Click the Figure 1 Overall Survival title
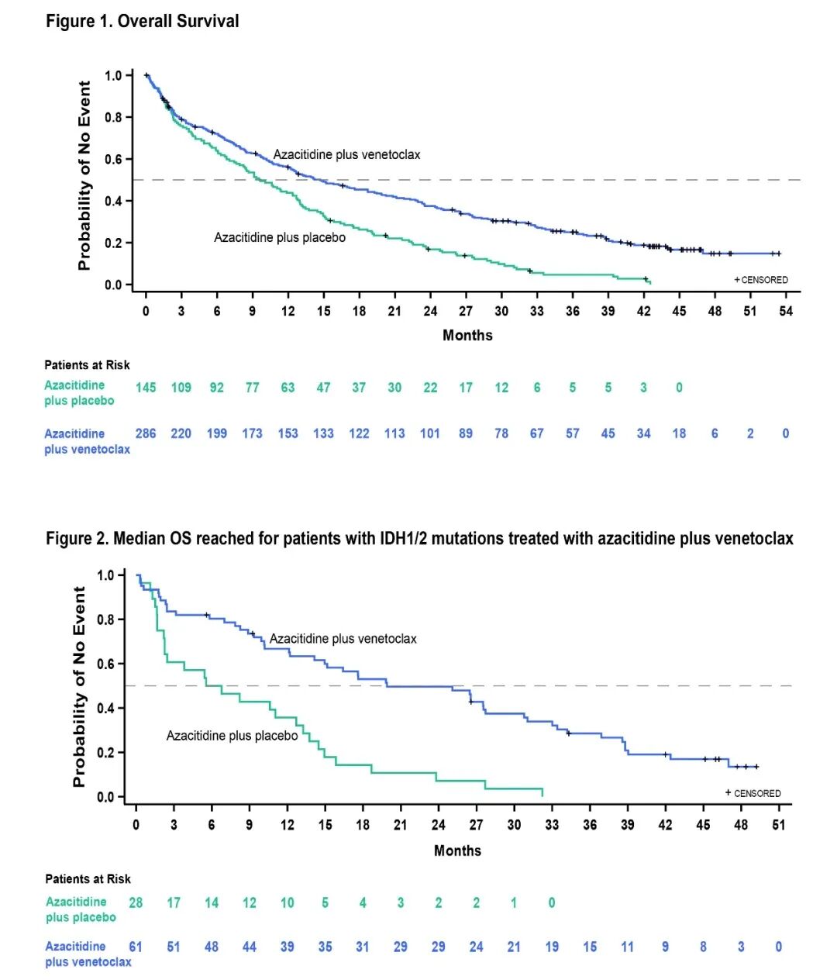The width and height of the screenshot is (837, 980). pos(142,21)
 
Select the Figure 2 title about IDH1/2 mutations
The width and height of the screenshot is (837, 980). pos(419,538)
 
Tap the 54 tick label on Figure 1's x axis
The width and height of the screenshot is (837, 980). pos(786,311)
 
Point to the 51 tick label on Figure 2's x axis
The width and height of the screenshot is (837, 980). pos(778,825)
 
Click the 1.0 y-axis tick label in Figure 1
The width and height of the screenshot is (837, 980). pos(114,76)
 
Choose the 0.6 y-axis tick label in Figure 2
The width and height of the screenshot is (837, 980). pos(105,664)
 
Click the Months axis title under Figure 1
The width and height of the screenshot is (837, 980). pos(467,335)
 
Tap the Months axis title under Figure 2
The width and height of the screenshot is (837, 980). pos(457,851)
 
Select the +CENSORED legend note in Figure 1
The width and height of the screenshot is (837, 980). pos(761,280)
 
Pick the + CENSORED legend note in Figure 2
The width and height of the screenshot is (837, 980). pos(753,793)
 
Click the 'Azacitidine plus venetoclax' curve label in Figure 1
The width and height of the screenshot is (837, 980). pos(346,154)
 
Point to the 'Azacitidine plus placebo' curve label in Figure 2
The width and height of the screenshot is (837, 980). pos(232,736)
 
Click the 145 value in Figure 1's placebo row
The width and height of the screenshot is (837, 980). pos(146,388)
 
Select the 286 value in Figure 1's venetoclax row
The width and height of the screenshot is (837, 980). pos(146,433)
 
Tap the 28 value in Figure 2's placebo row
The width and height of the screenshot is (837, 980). pos(136,902)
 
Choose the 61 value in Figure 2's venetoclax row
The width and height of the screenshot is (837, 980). pos(136,947)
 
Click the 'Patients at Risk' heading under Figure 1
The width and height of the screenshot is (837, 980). pos(87,365)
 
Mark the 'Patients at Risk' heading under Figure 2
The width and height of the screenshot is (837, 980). pos(88,879)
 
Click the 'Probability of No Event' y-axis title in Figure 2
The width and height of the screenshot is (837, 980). pos(79,686)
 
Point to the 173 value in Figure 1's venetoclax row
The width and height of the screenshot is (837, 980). pos(252,433)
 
